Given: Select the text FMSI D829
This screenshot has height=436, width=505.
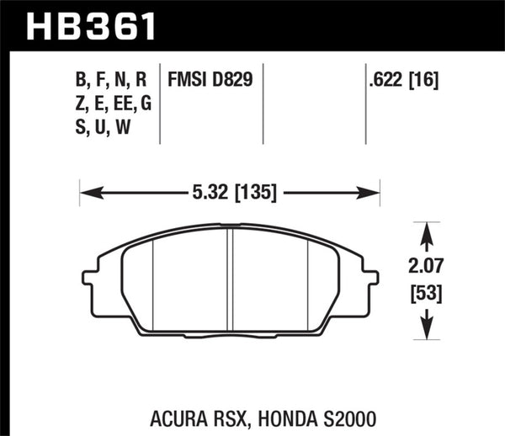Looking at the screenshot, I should (211, 81).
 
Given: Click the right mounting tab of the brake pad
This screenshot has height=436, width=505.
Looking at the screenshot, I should (369, 278).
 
